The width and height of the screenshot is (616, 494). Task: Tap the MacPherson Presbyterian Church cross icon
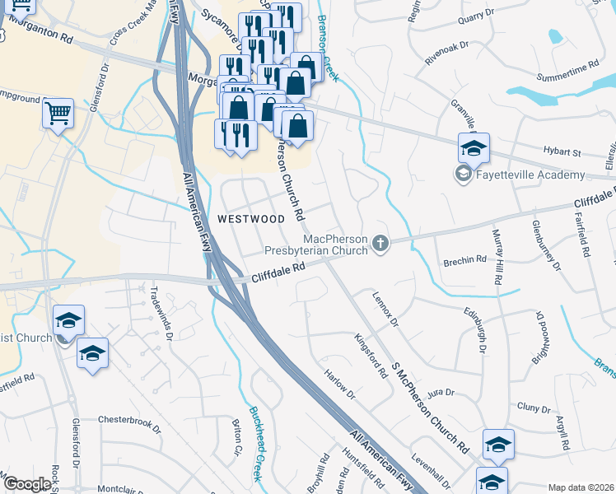click(x=380, y=243)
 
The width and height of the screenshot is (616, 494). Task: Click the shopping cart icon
click(x=58, y=114)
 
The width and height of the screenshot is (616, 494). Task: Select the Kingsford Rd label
click(x=371, y=356)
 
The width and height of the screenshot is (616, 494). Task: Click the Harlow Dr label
click(x=339, y=384)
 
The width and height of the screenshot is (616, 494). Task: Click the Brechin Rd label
click(x=468, y=260)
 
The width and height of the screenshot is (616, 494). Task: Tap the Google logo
click(x=26, y=484)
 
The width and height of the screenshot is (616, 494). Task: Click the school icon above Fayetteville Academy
click(x=474, y=148)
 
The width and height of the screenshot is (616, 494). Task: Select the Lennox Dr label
click(x=385, y=306)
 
